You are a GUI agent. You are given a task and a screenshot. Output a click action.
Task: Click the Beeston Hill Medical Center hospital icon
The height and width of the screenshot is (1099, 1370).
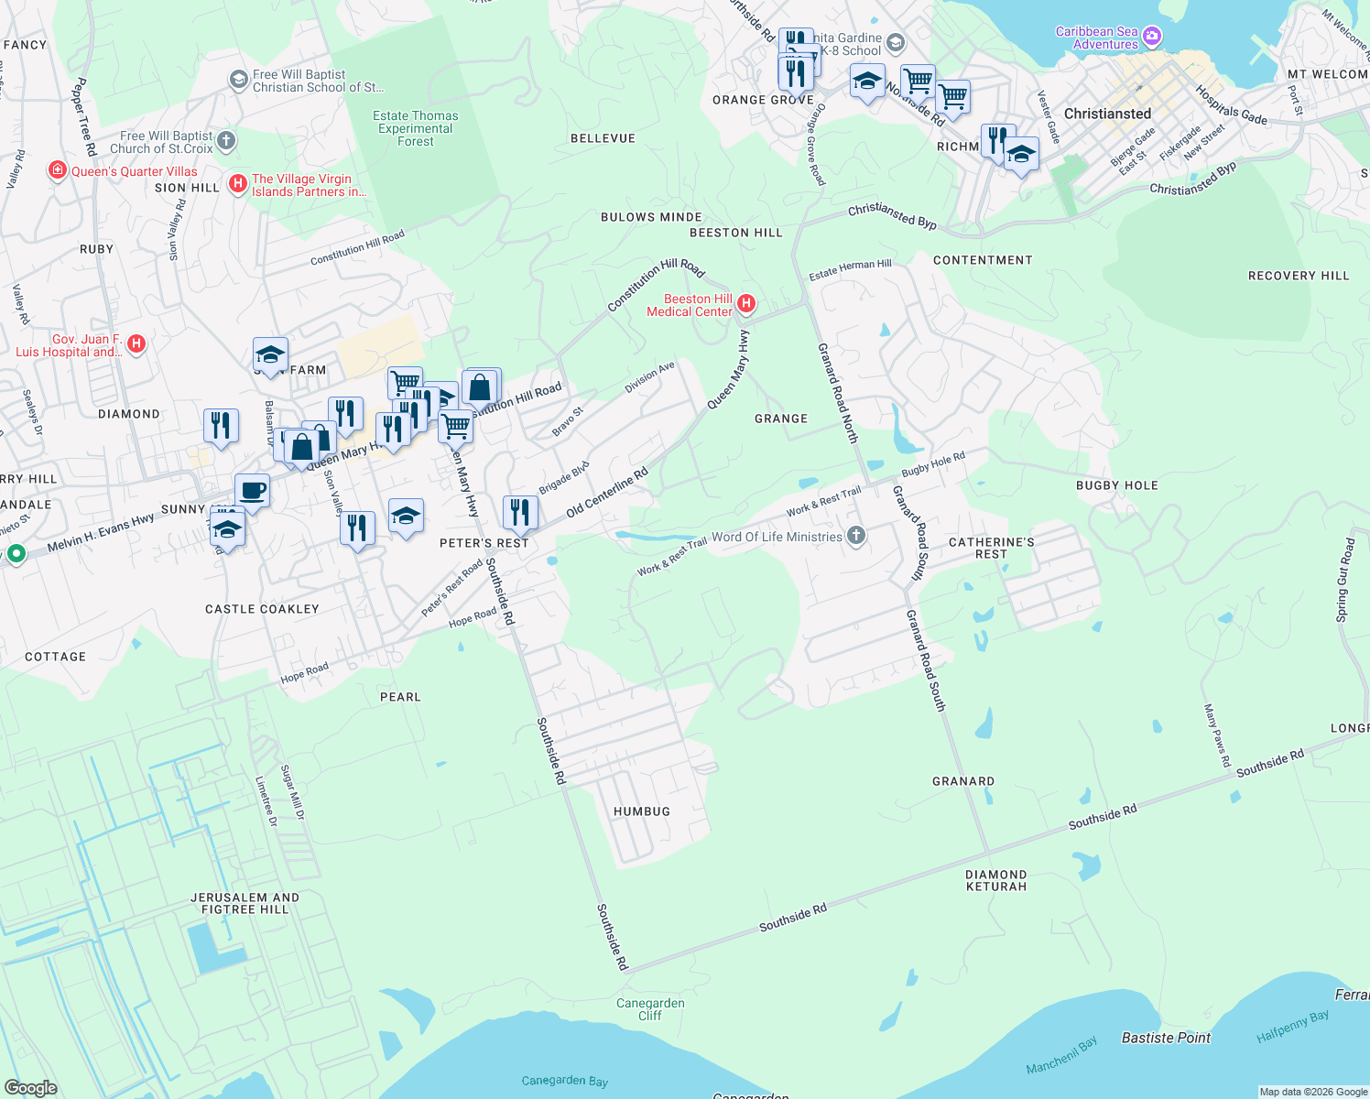pyautogui.click(x=746, y=303)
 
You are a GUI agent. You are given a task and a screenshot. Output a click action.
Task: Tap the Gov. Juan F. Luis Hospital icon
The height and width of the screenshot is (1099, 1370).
pyautogui.click(x=136, y=344)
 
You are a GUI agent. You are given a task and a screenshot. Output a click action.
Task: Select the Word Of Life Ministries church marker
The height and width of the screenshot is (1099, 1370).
pyautogui.click(x=856, y=536)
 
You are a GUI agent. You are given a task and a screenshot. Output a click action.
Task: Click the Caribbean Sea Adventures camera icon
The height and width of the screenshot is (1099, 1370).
pyautogui.click(x=1152, y=38)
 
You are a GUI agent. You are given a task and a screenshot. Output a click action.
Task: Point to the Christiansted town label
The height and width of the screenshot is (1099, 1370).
pyautogui.click(x=1107, y=114)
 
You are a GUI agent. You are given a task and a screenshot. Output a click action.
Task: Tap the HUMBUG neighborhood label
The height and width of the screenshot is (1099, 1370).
pyautogui.click(x=642, y=811)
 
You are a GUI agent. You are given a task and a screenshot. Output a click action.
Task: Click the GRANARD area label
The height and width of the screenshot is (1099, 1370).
pyautogui.click(x=963, y=781)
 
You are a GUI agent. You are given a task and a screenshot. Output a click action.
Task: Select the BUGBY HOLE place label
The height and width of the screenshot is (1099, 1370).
pyautogui.click(x=1117, y=485)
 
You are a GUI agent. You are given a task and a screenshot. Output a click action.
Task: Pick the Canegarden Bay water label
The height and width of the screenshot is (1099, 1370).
pyautogui.click(x=565, y=1081)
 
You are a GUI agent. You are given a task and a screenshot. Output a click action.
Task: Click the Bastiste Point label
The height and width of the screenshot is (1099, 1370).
pyautogui.click(x=1166, y=1038)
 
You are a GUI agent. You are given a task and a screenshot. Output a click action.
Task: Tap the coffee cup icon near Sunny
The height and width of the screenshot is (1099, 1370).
pyautogui.click(x=252, y=491)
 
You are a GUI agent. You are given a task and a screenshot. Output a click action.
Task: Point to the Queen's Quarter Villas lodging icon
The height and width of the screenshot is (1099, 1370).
pyautogui.click(x=58, y=171)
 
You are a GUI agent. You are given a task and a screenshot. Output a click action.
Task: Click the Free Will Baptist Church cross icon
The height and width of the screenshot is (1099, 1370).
pyautogui.click(x=227, y=142)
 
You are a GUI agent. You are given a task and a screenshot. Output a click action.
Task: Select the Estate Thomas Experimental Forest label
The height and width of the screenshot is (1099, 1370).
pyautogui.click(x=416, y=128)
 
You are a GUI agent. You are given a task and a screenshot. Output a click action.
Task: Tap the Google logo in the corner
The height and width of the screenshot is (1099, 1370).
pyautogui.click(x=31, y=1087)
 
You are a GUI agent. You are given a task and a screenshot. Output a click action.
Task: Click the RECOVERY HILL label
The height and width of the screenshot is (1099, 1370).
pyautogui.click(x=1299, y=276)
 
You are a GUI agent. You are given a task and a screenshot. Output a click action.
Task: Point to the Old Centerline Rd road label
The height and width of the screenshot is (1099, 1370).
pyautogui.click(x=607, y=492)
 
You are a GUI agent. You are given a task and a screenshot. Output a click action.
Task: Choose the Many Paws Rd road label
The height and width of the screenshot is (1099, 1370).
pyautogui.click(x=1217, y=735)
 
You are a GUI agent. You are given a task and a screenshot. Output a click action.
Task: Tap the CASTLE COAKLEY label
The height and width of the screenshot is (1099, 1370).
pyautogui.click(x=262, y=609)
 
